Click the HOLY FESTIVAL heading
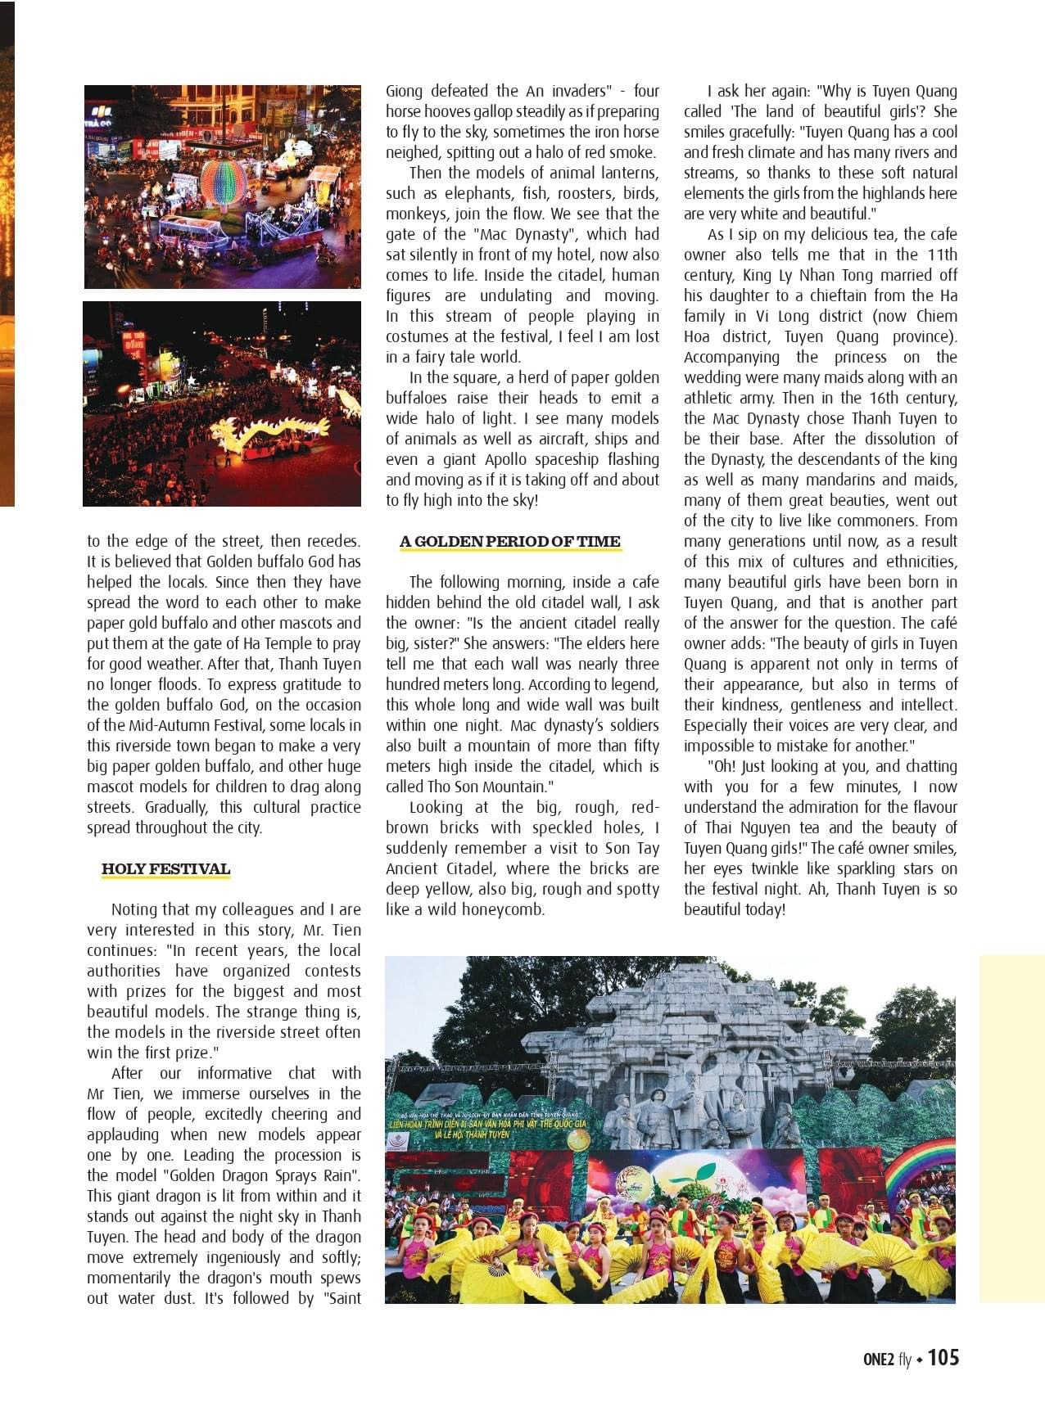click(165, 868)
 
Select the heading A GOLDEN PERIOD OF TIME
click(509, 541)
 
